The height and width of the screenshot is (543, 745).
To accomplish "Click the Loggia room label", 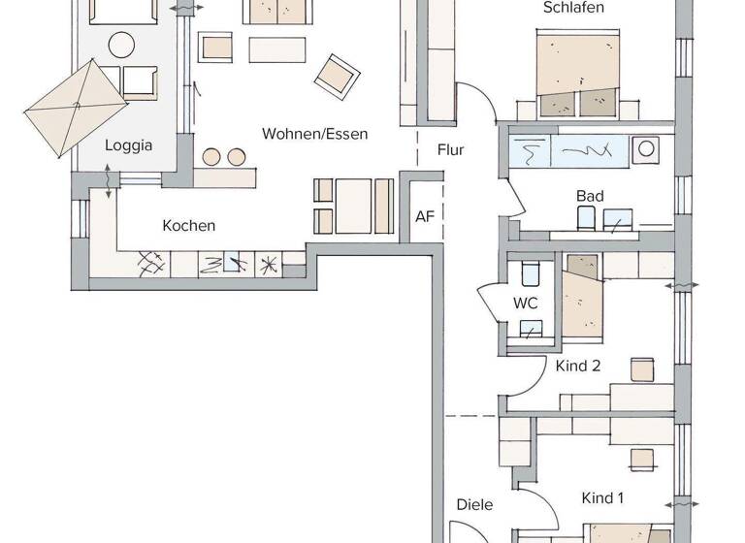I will point(129,145).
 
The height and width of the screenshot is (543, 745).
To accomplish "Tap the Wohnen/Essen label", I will point(314,134).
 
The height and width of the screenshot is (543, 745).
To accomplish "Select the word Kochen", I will point(189,226).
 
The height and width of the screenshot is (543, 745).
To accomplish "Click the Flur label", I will point(450,150).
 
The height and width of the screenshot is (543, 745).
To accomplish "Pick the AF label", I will point(425,216).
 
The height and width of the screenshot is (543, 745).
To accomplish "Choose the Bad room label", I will point(590,196).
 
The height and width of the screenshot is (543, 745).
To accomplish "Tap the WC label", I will point(525,303).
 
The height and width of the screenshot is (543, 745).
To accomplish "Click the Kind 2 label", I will point(578,366).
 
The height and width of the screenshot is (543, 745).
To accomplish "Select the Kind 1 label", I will point(602,498).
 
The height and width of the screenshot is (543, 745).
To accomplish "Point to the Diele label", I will point(475,504).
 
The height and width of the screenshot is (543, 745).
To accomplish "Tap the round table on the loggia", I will point(121,45).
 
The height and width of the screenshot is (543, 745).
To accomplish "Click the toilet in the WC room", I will point(529,271).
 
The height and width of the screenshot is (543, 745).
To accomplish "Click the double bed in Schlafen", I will point(579,73).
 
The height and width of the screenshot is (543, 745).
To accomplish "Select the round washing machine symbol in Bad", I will point(645,149).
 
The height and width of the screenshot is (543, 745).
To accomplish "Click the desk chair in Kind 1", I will point(640,457).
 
